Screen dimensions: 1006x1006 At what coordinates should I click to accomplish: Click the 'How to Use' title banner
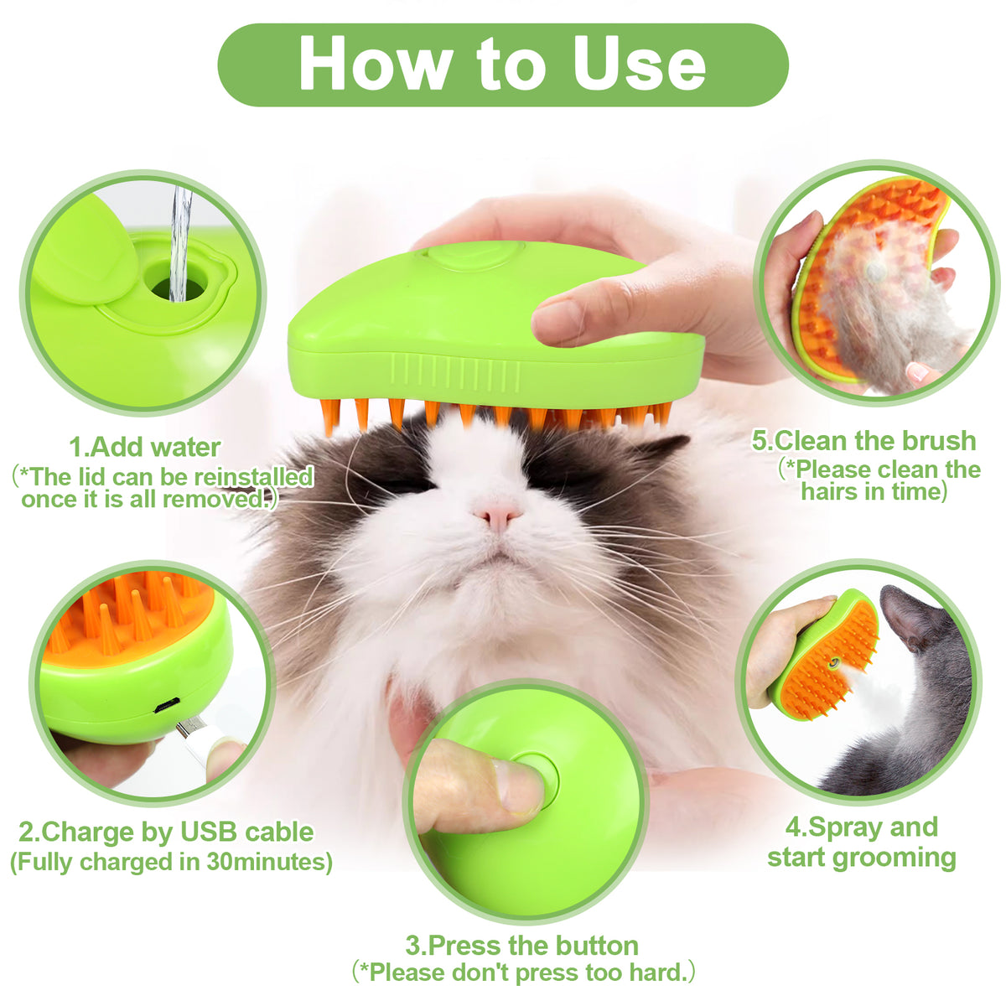click(x=503, y=65)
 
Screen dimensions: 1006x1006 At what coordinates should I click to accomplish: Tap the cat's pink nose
click(x=497, y=513)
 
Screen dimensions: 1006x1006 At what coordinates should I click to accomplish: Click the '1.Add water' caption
click(x=144, y=447)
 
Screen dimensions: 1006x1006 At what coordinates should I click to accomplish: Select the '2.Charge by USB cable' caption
click(x=166, y=832)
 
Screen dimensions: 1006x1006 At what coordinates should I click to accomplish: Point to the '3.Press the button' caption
click(x=521, y=946)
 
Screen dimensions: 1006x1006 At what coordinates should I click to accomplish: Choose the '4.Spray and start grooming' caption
click(x=862, y=842)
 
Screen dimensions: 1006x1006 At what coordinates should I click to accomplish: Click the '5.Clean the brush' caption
click(x=863, y=441)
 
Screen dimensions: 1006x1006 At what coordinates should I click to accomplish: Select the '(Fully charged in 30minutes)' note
click(x=171, y=861)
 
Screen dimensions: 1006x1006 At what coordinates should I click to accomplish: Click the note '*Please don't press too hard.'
click(x=523, y=972)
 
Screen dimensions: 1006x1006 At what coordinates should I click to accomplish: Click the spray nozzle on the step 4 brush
click(x=832, y=662)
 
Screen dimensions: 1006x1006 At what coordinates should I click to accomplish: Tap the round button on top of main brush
click(x=475, y=253)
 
